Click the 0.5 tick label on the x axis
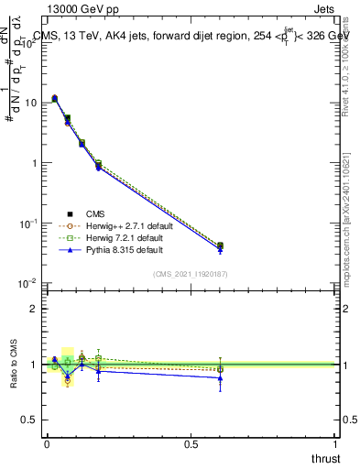191,444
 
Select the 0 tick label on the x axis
47,444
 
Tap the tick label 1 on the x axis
335,444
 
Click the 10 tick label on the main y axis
31,103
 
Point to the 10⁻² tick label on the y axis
29,283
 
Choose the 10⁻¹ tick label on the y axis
29,223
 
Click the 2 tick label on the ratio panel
35,309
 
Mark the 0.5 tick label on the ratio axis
31,420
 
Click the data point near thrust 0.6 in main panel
220,246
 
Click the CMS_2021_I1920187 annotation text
191,274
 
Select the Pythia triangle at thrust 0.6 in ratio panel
220,377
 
